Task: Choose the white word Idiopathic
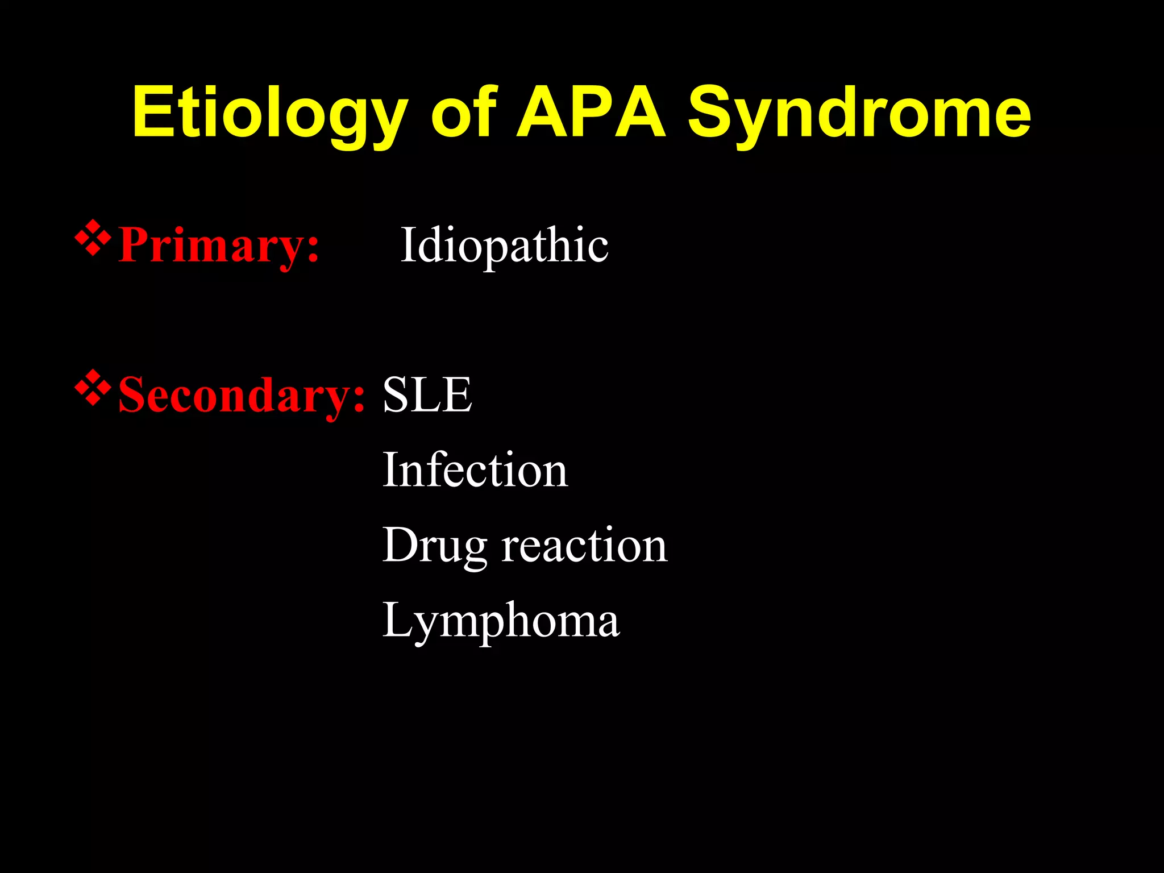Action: pos(504,246)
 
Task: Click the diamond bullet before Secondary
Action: pos(93,389)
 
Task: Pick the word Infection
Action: pos(475,470)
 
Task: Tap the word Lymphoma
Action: pos(501,621)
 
